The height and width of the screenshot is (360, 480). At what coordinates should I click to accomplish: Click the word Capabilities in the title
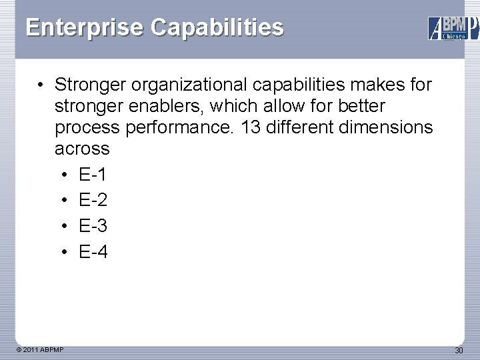tap(217, 27)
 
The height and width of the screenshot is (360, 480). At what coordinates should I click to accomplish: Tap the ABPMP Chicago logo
tap(453, 28)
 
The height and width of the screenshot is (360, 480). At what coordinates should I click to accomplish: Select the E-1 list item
tap(93, 175)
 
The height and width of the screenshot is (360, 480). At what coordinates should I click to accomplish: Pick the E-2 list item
tap(93, 201)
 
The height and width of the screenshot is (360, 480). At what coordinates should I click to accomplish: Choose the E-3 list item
tap(93, 226)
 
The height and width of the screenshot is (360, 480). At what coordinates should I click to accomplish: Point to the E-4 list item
tap(93, 251)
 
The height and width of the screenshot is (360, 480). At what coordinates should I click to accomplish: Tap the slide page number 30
tap(459, 350)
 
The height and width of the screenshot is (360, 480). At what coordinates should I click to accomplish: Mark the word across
tap(82, 149)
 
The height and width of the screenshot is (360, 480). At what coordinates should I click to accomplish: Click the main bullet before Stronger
tap(41, 85)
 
